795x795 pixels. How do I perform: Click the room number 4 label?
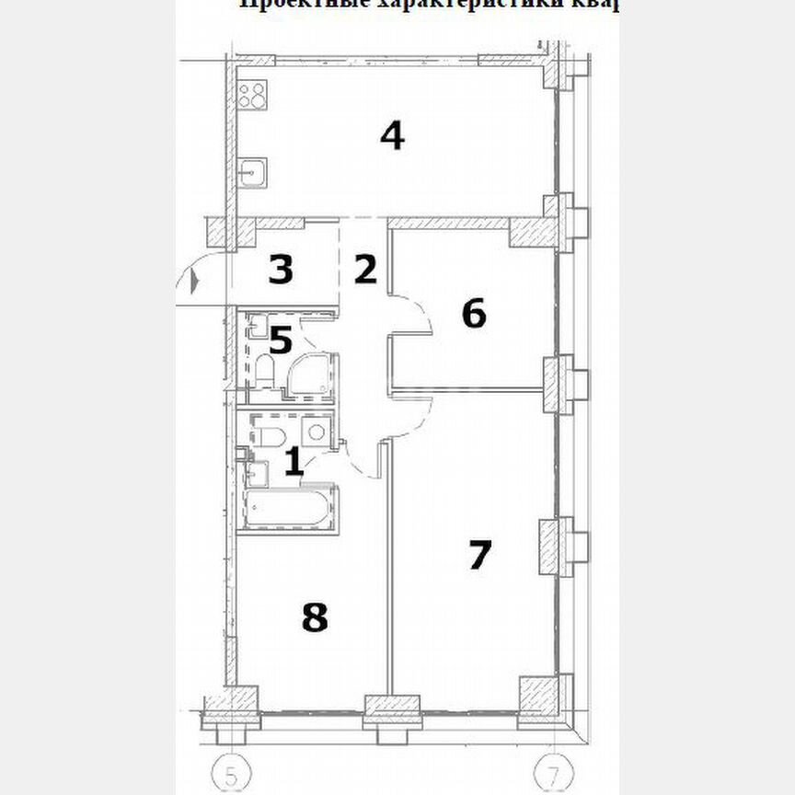(392, 136)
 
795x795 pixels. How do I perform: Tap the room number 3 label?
(281, 271)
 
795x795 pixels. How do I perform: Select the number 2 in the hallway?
(365, 271)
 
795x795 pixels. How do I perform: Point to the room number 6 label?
(473, 314)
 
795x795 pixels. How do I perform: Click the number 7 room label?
(480, 555)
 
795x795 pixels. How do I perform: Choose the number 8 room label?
(315, 617)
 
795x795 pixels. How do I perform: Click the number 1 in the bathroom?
(294, 461)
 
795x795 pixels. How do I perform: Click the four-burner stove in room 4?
(253, 94)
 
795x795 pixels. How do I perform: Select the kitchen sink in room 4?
(253, 171)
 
